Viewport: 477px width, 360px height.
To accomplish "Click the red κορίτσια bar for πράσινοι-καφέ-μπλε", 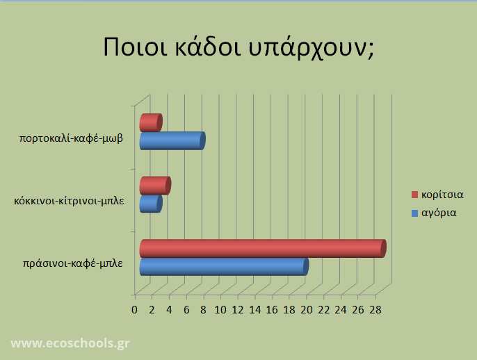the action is point(263,248).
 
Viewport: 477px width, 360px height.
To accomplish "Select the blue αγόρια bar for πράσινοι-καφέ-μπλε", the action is point(224,267).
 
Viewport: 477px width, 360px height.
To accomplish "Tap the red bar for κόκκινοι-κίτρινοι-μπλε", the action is point(155,186).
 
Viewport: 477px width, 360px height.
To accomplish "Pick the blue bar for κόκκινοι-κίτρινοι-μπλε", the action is point(151,204).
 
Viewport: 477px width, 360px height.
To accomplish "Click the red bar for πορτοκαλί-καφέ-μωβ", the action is point(151,122).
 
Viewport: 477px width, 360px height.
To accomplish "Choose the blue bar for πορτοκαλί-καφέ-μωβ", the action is point(172,141).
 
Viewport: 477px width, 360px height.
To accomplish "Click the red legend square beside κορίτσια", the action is point(414,195).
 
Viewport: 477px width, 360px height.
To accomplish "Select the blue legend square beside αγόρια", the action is point(414,213).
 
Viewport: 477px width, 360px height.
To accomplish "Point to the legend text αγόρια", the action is point(439,213).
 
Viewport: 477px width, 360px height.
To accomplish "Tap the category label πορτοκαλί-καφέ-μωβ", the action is point(71,138).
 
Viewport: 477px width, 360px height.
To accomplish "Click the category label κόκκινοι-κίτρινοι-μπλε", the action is point(69,201).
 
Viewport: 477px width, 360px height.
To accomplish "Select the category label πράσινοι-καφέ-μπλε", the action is point(73,263).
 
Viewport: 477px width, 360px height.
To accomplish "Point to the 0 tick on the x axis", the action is point(134,310).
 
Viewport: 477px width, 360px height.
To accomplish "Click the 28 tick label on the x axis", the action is point(375,310).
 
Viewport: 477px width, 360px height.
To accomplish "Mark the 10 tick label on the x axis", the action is point(220,310).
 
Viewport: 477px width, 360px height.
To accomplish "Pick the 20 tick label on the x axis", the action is point(307,310).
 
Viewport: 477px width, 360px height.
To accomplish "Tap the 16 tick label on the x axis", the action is point(272,310).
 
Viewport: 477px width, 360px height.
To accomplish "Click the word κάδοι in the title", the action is point(208,47).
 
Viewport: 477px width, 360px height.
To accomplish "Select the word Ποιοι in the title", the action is point(135,47).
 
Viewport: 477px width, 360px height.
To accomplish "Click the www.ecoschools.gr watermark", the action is point(70,343).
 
